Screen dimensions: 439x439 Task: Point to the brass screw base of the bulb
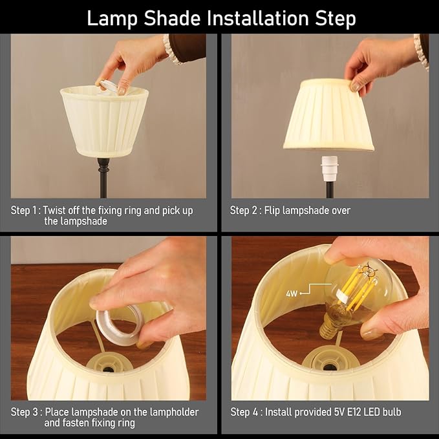click(330, 328)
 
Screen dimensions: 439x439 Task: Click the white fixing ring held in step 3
click(120, 323)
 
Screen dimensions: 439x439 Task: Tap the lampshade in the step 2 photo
click(328, 116)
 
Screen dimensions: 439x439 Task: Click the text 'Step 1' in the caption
click(25, 211)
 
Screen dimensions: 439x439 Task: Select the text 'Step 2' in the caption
click(244, 211)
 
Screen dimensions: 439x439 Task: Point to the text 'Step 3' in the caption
click(25, 412)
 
